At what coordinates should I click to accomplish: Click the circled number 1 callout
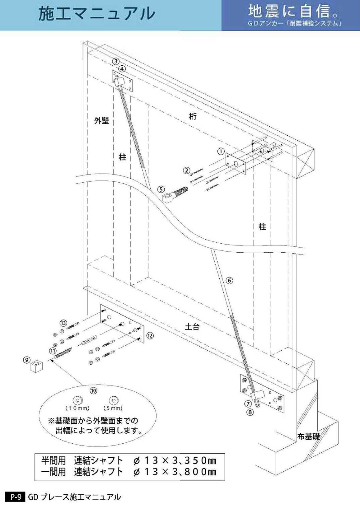click(x=221, y=151)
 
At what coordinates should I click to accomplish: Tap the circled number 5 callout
click(x=161, y=189)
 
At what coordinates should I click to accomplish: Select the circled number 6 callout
click(x=229, y=280)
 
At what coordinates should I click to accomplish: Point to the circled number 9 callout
click(x=27, y=360)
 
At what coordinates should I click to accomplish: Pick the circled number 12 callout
click(x=150, y=335)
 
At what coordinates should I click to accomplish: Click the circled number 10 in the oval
click(x=94, y=390)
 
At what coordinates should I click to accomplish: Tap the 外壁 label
click(x=102, y=121)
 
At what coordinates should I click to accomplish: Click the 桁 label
click(x=193, y=116)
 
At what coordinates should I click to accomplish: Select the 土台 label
click(x=192, y=327)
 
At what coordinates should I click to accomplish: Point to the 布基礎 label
click(x=308, y=437)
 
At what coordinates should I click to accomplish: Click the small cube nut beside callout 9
click(x=36, y=366)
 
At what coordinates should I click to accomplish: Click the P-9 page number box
click(x=15, y=497)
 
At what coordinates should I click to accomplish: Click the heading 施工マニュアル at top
click(x=96, y=14)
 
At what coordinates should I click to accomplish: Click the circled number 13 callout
click(x=63, y=323)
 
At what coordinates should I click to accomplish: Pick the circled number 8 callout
click(x=250, y=412)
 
